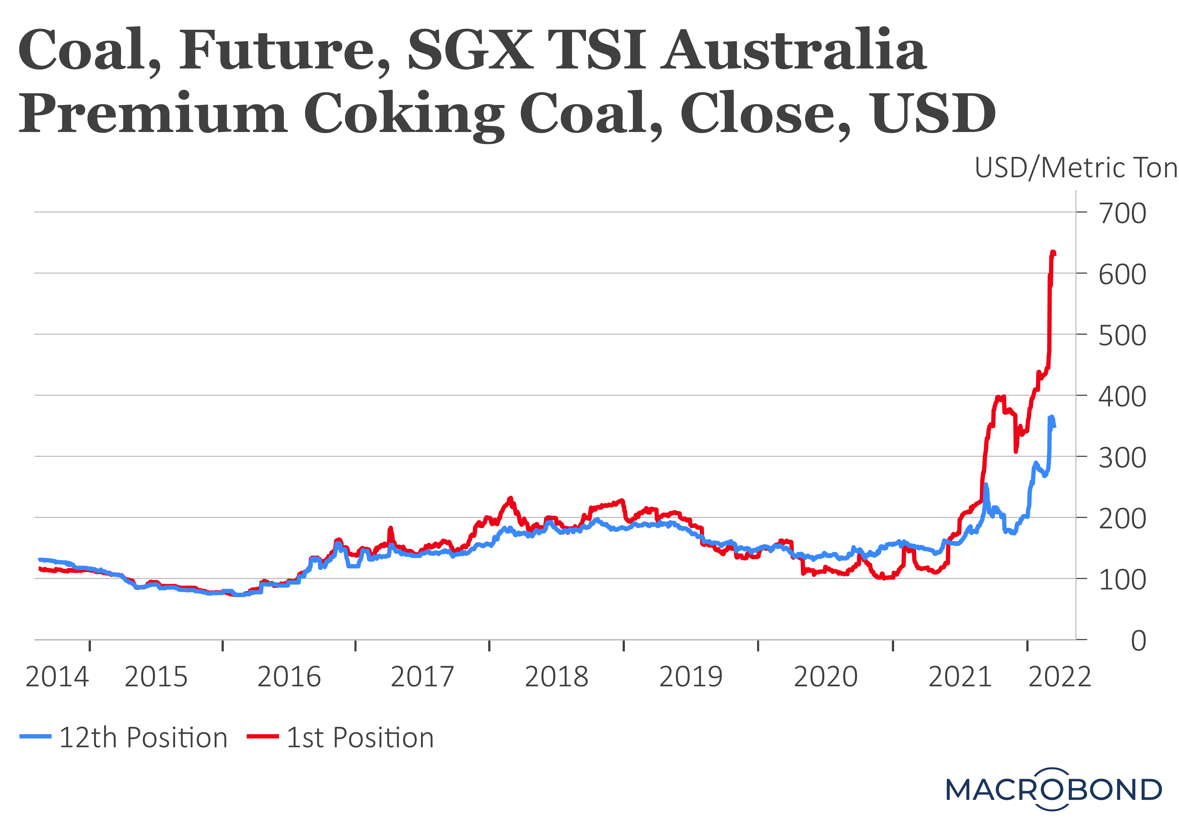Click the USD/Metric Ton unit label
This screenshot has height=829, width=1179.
point(1076,168)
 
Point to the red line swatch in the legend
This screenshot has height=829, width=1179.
point(262,737)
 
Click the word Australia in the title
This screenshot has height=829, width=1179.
point(793,50)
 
